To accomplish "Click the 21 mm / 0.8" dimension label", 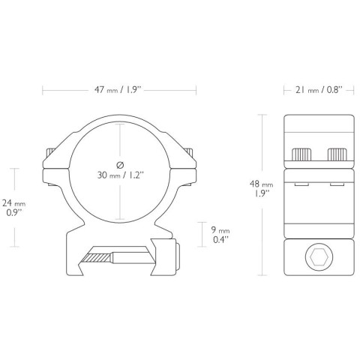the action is (x=319, y=90).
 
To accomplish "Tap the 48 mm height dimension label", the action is (x=261, y=184).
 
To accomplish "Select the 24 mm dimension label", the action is (x=14, y=203).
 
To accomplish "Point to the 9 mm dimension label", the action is (x=220, y=230).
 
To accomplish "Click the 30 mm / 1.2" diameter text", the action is (x=121, y=175).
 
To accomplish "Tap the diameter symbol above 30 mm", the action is (x=120, y=165).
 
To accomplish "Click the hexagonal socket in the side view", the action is (x=319, y=256).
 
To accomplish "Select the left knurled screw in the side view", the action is (x=301, y=154).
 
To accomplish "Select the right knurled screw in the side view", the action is (x=337, y=154).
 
